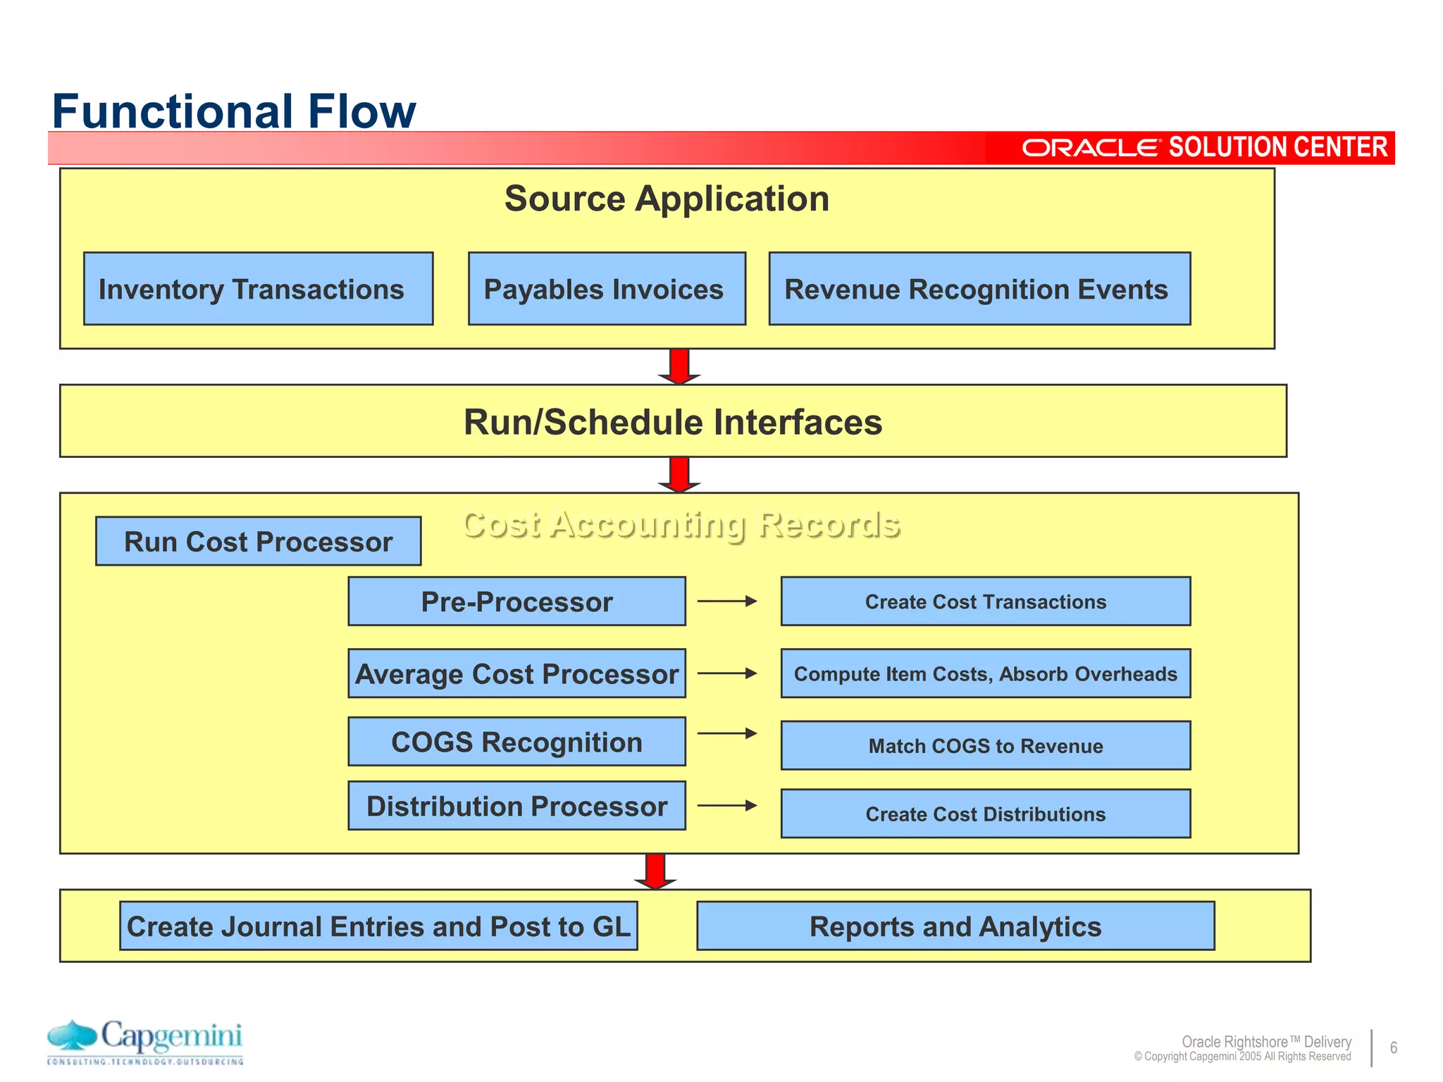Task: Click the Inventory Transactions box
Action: [x=258, y=289]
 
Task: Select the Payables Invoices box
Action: [x=607, y=289]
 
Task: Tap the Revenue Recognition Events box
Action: [x=979, y=289]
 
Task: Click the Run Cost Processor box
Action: [x=258, y=541]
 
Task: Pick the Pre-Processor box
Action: [x=516, y=601]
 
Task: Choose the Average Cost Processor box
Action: [x=516, y=673]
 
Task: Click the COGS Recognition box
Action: [x=516, y=741]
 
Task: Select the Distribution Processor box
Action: [x=516, y=805]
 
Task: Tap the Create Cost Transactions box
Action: [x=985, y=601]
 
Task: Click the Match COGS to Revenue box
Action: [x=985, y=745]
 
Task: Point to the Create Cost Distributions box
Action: [x=985, y=814]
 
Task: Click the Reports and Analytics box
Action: [x=955, y=926]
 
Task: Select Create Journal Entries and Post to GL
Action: [x=378, y=926]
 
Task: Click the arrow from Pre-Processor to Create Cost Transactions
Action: [x=726, y=601]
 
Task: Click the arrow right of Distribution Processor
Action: [x=726, y=805]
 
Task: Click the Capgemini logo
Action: [x=145, y=1041]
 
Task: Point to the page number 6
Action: [x=1393, y=1047]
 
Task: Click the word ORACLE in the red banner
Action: [x=1089, y=148]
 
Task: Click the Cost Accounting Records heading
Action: [x=681, y=524]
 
